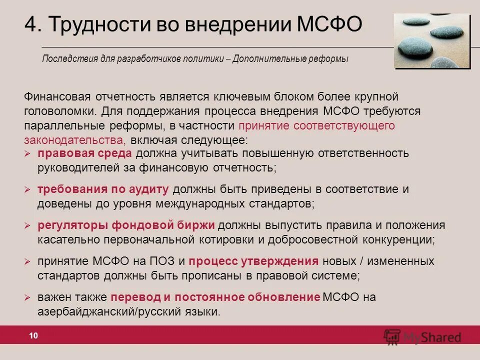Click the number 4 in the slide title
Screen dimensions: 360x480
(31, 23)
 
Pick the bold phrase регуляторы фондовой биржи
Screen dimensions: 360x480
(126, 225)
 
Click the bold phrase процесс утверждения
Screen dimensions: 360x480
(254, 261)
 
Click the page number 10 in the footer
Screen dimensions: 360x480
(33, 336)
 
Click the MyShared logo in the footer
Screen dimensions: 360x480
(423, 336)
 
